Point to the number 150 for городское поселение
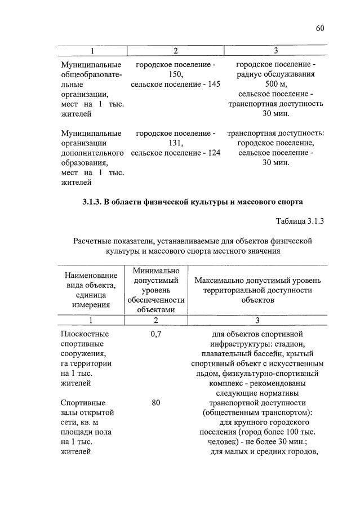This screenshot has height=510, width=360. tap(175, 74)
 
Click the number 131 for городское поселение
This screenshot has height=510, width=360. tap(175, 143)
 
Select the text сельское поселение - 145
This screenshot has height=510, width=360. tap(175, 84)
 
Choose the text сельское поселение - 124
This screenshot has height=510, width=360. tap(175, 153)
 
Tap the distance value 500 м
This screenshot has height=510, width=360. tap(275, 84)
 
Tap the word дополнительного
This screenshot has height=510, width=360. tap(92, 153)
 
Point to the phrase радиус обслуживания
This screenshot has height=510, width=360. tap(275, 74)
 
